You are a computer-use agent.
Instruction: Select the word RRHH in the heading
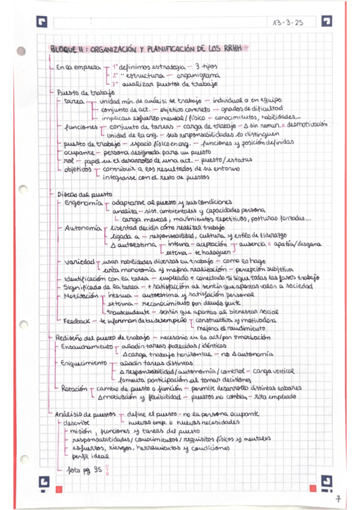click(236, 48)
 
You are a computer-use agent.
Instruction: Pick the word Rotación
click(74, 389)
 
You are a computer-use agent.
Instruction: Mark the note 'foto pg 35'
click(84, 470)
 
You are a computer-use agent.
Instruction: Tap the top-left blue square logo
click(41, 23)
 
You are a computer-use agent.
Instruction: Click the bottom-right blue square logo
click(327, 481)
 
